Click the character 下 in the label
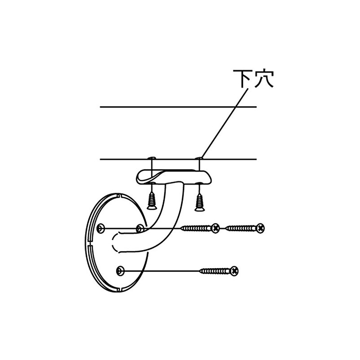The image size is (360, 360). pos(242,78)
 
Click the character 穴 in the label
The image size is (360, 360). pos(264,78)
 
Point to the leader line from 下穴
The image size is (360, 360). pos(225,123)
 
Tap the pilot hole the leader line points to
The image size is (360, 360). pos(199,158)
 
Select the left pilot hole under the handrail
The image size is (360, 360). pos(152,158)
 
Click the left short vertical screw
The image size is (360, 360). pos(151,201)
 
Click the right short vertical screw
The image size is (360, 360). pos(199,202)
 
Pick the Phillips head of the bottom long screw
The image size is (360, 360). pos(234,271)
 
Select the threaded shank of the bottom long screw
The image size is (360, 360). pos(215,271)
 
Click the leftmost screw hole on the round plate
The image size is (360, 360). pos(100,229)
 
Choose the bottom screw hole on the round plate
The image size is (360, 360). pos(120,271)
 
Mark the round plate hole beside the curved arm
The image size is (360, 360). pos(140,229)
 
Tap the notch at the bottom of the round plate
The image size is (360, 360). pos(119,290)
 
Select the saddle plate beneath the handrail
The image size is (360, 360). pos(174,177)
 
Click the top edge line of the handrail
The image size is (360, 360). pos(178,107)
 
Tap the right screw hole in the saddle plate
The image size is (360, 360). pos(199,183)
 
